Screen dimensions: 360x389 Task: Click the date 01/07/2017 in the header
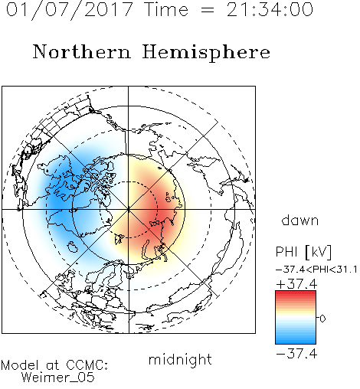[69, 10]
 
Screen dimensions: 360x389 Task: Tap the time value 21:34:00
[270, 9]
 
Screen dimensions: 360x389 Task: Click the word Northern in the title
[81, 51]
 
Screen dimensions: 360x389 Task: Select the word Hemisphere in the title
[206, 53]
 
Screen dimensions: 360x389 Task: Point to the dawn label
[299, 220]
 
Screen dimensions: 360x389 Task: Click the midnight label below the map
[180, 360]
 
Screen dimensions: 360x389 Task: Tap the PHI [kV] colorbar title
[303, 252]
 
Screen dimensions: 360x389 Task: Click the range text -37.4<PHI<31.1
[316, 270]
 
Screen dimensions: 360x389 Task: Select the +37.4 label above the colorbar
[296, 284]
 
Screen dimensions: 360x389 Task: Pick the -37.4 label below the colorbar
[296, 354]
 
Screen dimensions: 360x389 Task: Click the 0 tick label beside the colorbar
[322, 319]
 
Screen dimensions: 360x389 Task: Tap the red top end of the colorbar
[296, 293]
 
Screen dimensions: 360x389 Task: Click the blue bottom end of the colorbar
[296, 342]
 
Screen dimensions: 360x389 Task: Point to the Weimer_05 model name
[58, 378]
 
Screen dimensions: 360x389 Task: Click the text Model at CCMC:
[54, 365]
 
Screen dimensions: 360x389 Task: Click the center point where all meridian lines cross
[129, 209]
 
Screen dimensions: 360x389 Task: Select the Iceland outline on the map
[72, 247]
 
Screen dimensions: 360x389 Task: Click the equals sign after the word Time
[207, 10]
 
